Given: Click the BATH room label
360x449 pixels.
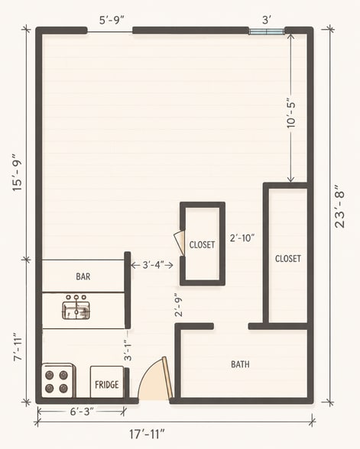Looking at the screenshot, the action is tap(240, 364).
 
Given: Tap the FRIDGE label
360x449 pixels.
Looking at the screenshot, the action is tap(107, 384).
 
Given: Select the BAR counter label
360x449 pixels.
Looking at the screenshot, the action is tap(83, 276).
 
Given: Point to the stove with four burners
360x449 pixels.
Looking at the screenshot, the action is tap(57, 380).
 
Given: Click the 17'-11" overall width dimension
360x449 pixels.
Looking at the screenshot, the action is tap(147, 434).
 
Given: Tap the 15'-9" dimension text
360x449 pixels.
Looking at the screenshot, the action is tap(17, 173).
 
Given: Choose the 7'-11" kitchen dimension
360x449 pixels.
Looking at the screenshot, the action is tap(18, 347).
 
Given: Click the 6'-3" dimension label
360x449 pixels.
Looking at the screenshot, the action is tap(82, 412).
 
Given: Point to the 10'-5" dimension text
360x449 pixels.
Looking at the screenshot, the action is tap(290, 114).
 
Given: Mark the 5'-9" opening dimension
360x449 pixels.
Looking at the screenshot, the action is tap(112, 21).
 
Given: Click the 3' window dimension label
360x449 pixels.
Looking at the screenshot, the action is tap(267, 20).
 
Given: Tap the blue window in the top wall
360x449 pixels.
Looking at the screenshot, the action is tap(266, 31).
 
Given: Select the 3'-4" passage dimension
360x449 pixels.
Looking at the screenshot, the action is tap(153, 265).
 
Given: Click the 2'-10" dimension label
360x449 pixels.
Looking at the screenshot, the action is tap(242, 238).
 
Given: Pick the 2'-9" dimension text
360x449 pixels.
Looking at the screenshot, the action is tap(179, 305).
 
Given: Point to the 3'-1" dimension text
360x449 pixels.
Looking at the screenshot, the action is tap(128, 350).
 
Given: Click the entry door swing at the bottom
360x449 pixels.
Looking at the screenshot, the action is tap(154, 378).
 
